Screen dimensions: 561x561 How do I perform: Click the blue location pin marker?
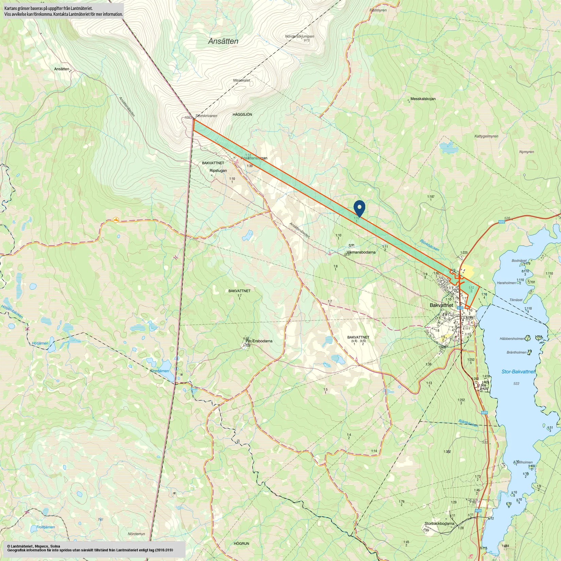pos(359,207)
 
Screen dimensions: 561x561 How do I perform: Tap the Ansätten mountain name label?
pos(223,41)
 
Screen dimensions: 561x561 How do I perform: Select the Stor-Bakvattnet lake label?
pos(518,372)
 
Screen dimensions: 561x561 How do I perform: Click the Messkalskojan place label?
pos(423,99)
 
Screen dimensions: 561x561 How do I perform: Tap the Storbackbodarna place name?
pos(439,523)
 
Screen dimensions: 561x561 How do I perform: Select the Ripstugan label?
pos(218,171)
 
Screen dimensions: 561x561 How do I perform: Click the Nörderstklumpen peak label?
pos(300,36)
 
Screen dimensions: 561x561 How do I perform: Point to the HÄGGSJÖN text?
pos(242,115)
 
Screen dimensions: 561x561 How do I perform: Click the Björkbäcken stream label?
pos(429,245)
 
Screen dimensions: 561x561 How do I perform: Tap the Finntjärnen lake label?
pos(159,371)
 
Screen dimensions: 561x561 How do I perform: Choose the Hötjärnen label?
pos(40,343)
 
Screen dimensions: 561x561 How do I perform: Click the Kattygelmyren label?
pos(486,136)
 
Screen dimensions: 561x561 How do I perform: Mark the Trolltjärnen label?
pos(46,527)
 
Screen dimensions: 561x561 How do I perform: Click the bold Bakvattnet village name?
pos(441,305)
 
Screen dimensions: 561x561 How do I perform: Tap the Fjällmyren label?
pos(378,11)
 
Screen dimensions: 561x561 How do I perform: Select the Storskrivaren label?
pos(206,116)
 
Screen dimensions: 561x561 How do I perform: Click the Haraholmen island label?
pos(506,283)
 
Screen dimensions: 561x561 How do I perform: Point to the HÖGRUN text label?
pos(241,544)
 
